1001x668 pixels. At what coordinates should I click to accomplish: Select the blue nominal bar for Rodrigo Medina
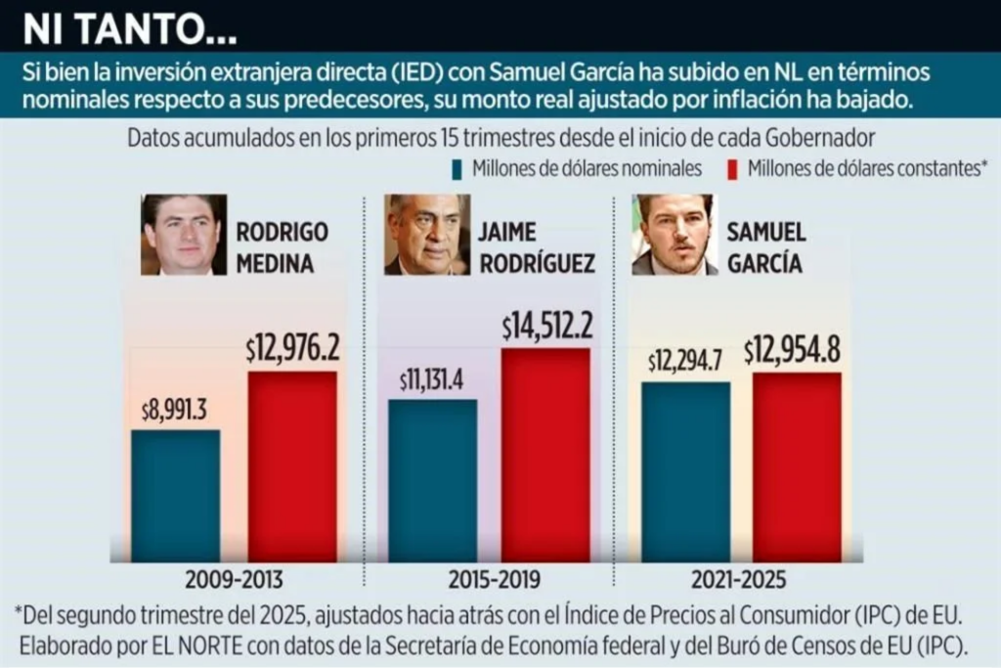pyautogui.click(x=175, y=495)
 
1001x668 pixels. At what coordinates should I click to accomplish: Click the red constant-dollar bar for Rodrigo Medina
pyautogui.click(x=291, y=466)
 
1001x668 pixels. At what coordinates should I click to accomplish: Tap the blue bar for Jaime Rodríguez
pyautogui.click(x=432, y=479)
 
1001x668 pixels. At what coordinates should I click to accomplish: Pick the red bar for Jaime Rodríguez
pyautogui.click(x=545, y=455)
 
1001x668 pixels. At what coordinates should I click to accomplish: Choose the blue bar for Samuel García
pyautogui.click(x=685, y=471)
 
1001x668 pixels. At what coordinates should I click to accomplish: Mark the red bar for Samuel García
pyautogui.click(x=797, y=467)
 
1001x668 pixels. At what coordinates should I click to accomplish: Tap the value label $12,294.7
pyautogui.click(x=685, y=361)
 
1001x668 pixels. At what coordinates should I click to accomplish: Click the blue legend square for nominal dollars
pyautogui.click(x=457, y=169)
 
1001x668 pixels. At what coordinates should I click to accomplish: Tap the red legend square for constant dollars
pyautogui.click(x=732, y=169)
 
